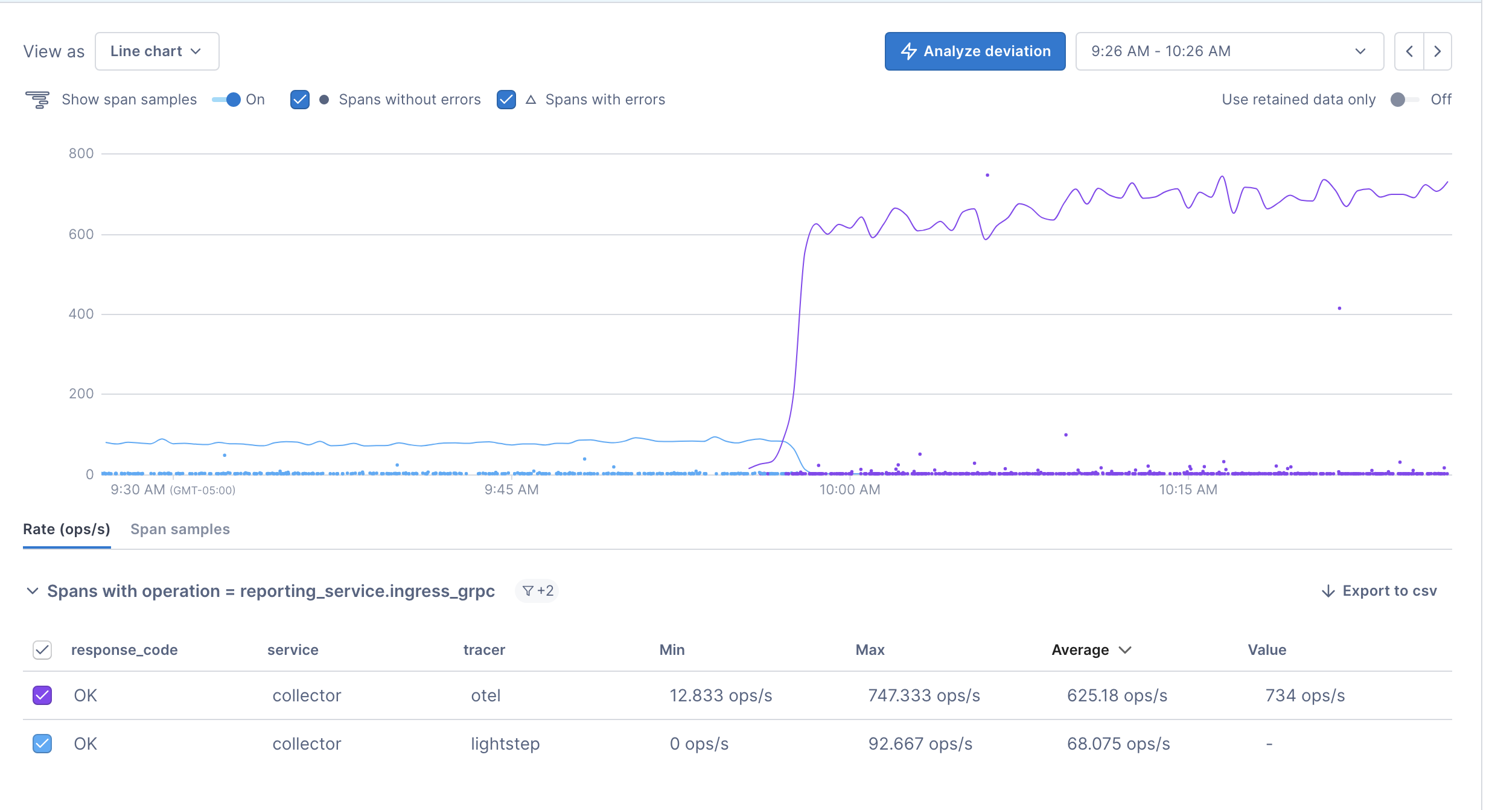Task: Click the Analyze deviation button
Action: pos(974,51)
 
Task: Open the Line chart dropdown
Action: pos(156,51)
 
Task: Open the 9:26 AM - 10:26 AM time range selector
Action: pos(1229,51)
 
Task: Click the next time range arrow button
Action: pos(1437,51)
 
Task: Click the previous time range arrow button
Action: pos(1409,51)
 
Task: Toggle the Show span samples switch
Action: pos(227,100)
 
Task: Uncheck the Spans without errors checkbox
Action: pos(299,100)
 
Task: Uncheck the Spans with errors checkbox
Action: pos(506,100)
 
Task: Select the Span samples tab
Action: pos(180,529)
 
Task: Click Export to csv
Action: pos(1379,591)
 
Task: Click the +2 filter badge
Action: pos(537,591)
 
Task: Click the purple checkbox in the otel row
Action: pos(42,695)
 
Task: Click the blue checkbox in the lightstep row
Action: pos(42,744)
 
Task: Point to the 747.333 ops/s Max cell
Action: pos(923,695)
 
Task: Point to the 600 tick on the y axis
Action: pos(81,234)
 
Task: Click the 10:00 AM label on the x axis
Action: pos(849,490)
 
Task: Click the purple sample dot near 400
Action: pos(1339,308)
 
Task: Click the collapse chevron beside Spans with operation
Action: pos(33,591)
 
